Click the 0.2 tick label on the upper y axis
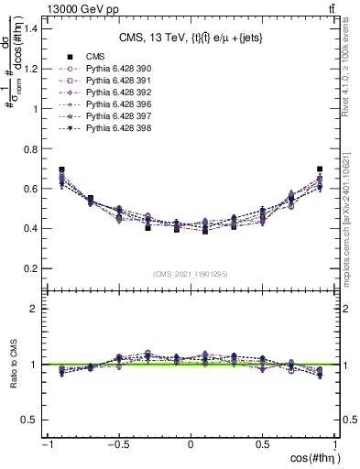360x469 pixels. tap(30, 268)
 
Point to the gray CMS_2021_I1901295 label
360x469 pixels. tap(191, 274)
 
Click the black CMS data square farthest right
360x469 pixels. tap(320, 169)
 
